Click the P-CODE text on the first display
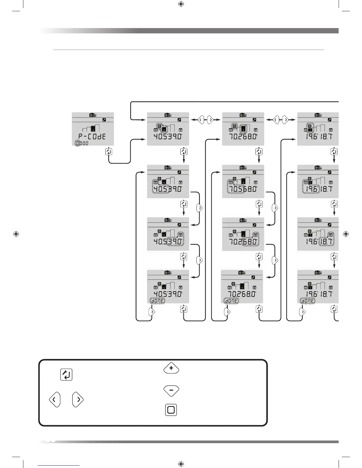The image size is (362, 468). pyautogui.click(x=92, y=137)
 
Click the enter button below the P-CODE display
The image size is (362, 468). pyautogui.click(x=109, y=152)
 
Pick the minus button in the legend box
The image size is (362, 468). pyautogui.click(x=171, y=391)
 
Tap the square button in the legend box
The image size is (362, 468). pyautogui.click(x=171, y=410)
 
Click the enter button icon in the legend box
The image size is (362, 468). pyautogui.click(x=66, y=375)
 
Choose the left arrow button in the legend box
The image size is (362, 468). pyautogui.click(x=54, y=400)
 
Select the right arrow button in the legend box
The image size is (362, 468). pyautogui.click(x=78, y=400)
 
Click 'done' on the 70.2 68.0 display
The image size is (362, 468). pyautogui.click(x=231, y=300)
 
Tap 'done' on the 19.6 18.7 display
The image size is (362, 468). pyautogui.click(x=307, y=300)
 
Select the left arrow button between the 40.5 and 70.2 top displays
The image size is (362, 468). pyautogui.click(x=201, y=120)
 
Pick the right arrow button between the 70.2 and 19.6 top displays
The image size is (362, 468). pyautogui.click(x=285, y=120)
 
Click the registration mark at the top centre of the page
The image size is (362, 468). pyautogui.click(x=181, y=4)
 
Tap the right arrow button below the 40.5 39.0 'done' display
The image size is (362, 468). pyautogui.click(x=152, y=312)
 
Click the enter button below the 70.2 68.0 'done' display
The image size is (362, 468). pyautogui.click(x=259, y=309)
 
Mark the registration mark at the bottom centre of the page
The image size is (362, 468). pyautogui.click(x=181, y=464)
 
